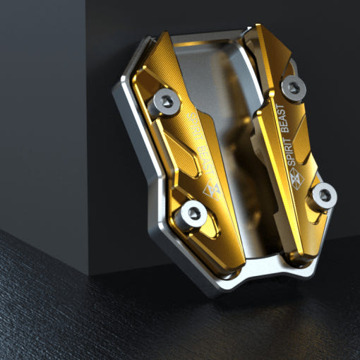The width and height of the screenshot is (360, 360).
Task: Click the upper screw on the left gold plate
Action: tap(167, 102)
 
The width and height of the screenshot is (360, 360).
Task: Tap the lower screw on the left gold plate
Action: tap(194, 214)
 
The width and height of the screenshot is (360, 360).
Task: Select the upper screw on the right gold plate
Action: tap(294, 88)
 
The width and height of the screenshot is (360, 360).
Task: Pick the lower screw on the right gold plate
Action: tap(325, 196)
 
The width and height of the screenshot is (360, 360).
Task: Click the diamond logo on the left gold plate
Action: tap(212, 191)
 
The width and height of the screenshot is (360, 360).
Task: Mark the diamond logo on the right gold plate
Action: tap(296, 179)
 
